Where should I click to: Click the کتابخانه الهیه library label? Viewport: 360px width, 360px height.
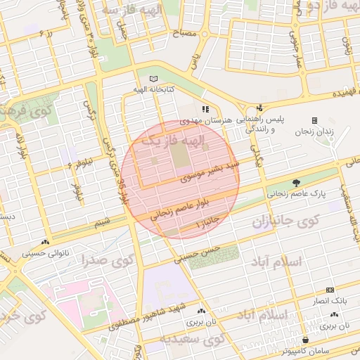(x=154, y=91)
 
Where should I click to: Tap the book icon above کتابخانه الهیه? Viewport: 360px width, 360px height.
(x=154, y=79)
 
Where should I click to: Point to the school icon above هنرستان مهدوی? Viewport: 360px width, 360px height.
(x=205, y=109)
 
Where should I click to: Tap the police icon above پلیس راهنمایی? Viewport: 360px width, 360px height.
(x=259, y=108)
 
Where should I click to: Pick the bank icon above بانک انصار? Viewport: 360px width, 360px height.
(x=330, y=290)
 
